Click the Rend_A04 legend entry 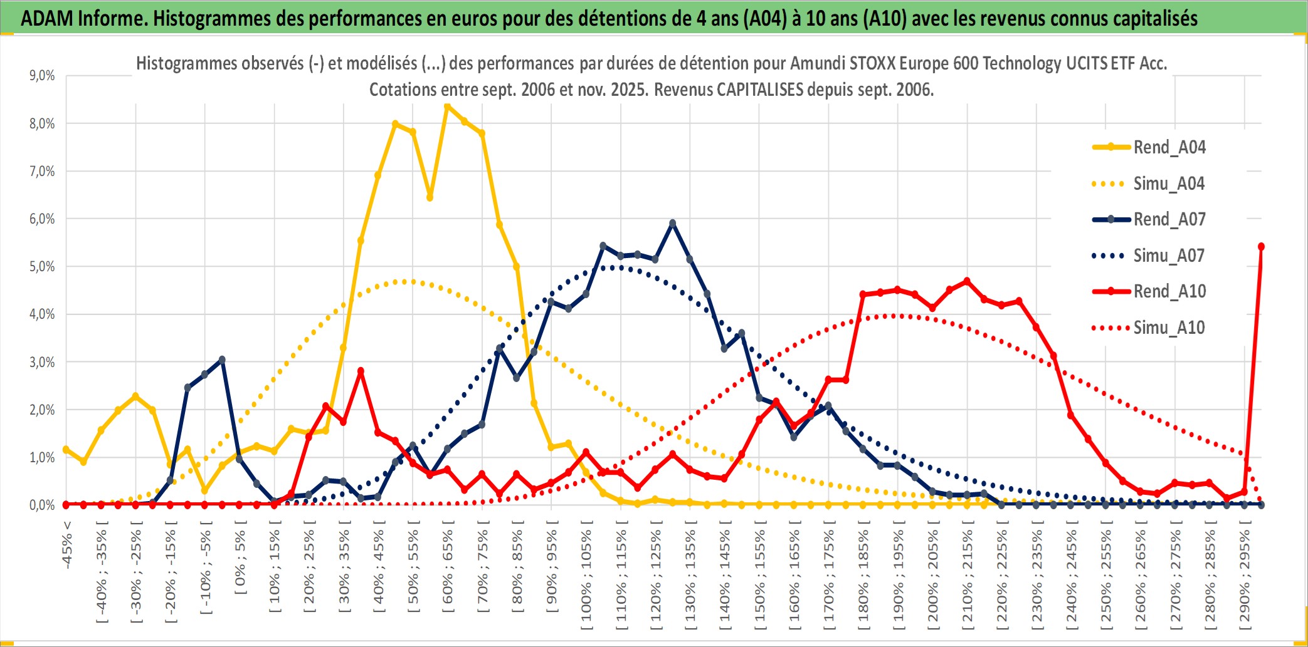tap(1169, 147)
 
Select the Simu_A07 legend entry tap(1168, 256)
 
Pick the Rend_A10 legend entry tap(1169, 291)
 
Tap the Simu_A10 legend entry tap(1168, 328)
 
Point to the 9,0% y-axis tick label tap(42, 76)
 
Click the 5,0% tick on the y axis tap(42, 267)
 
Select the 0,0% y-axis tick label tap(42, 505)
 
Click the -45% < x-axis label tap(66, 545)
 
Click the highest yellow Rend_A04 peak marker tap(447, 106)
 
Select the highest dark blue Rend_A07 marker tap(673, 223)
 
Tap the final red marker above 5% tap(1261, 247)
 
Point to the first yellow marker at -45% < tap(66, 449)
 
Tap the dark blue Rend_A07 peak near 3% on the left tap(222, 360)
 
